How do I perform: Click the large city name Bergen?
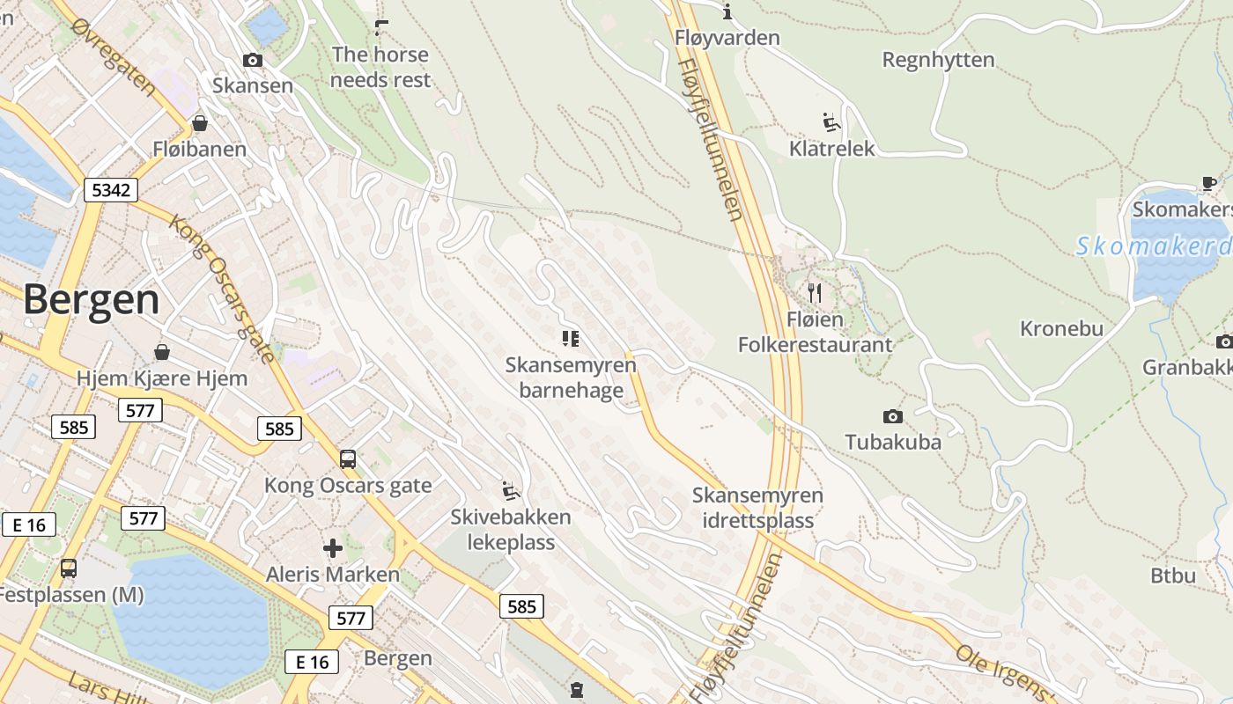(x=92, y=300)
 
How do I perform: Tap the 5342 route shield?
(x=111, y=189)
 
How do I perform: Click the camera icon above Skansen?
(x=253, y=60)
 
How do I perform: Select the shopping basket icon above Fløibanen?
(x=200, y=123)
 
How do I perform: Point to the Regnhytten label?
(x=938, y=60)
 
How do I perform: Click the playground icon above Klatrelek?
(x=831, y=121)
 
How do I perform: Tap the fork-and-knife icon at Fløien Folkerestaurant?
(x=815, y=292)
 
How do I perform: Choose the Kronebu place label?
(x=1061, y=328)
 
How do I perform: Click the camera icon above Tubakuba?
(x=892, y=416)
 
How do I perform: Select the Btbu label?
(x=1173, y=576)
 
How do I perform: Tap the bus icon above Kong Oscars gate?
(x=348, y=458)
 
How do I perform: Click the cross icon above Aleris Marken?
(x=333, y=548)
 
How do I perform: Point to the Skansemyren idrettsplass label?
(x=757, y=508)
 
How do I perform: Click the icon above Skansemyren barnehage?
(x=570, y=338)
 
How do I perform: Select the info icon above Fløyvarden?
(x=727, y=11)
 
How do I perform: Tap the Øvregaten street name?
(x=115, y=57)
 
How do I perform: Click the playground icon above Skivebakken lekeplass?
(x=510, y=490)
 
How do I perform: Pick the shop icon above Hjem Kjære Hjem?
(x=162, y=353)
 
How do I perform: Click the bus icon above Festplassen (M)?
(x=68, y=568)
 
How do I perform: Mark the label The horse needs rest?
(x=381, y=67)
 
